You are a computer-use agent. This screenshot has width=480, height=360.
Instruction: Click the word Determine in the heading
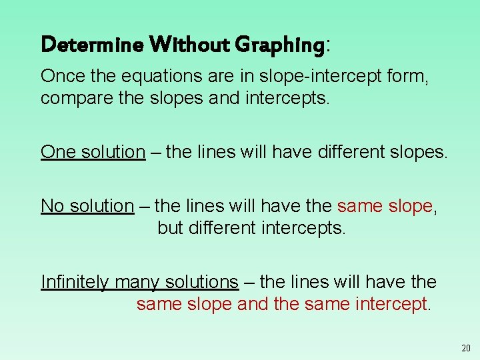[x=92, y=45]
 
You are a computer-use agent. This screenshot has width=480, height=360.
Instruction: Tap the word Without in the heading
[x=189, y=45]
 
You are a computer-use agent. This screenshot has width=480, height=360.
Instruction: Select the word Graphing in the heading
[x=280, y=45]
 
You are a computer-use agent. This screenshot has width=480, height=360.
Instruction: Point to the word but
[x=169, y=228]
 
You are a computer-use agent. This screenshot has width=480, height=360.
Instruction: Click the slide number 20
[x=465, y=348]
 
